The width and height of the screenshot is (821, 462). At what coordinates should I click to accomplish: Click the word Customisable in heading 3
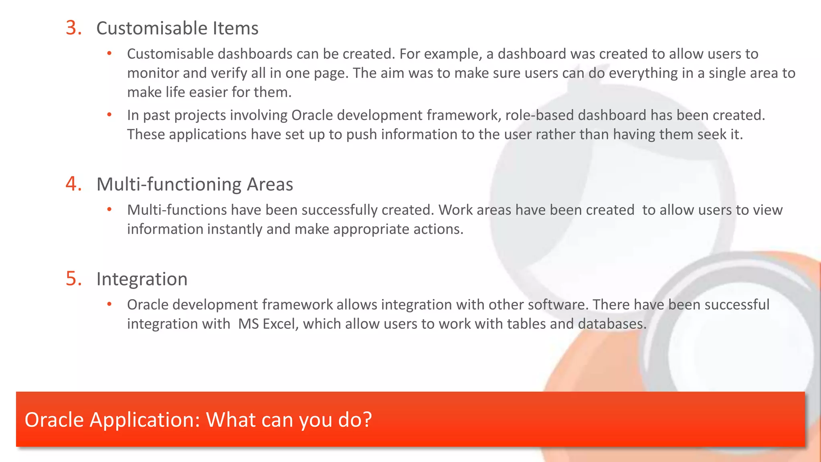coord(152,28)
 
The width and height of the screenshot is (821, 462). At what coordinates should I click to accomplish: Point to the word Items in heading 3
coord(235,28)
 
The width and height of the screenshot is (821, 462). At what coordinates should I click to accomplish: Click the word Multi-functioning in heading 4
coord(169,184)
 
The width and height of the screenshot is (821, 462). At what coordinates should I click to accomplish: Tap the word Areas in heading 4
coord(270,184)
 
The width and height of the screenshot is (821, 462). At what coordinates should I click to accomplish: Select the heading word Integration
coord(142,279)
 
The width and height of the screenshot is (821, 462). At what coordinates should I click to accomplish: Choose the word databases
coord(612,324)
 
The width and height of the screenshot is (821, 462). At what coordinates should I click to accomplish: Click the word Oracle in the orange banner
coord(54,420)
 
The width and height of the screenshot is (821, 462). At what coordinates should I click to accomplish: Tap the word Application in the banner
coord(145,420)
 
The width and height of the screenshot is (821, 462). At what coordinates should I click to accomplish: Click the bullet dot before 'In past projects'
coord(109,115)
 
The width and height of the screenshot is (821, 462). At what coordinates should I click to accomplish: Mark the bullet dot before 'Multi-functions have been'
coord(109,210)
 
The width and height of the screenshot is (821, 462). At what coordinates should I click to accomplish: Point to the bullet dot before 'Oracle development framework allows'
coord(109,304)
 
